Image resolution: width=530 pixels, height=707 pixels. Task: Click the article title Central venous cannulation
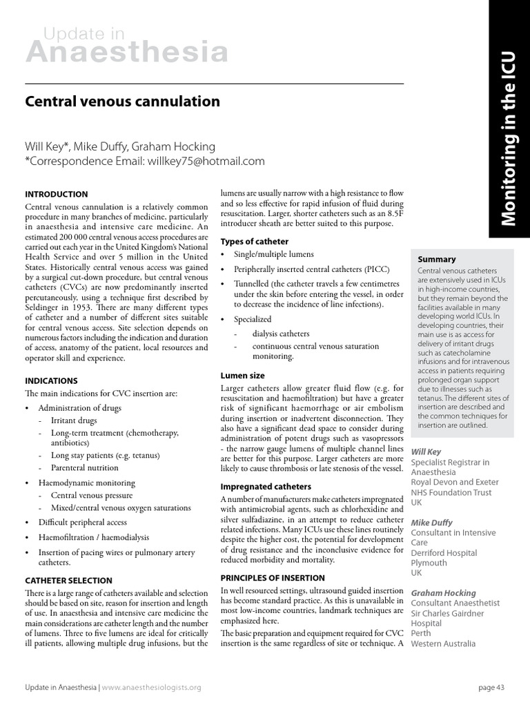123,101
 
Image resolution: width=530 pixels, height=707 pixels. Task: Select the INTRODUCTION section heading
57,195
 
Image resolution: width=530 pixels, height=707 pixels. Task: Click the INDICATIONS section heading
51,380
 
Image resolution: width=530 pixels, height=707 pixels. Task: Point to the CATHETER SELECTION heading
68,581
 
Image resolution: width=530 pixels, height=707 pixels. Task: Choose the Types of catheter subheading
254,241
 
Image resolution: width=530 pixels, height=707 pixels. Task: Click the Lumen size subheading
242,376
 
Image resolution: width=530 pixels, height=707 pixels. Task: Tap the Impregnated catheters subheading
266,487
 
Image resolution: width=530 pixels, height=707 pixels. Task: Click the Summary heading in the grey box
437,259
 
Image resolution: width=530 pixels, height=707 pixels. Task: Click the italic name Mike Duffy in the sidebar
432,523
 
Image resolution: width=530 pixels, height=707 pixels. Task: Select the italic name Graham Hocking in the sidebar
443,593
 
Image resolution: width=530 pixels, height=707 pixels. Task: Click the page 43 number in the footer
491,688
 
